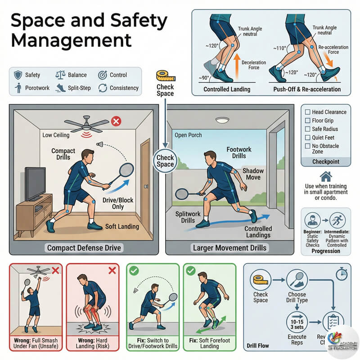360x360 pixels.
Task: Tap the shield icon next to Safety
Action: (x=18, y=75)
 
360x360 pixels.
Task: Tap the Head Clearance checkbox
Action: (x=308, y=112)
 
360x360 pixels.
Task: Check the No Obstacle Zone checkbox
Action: (x=308, y=146)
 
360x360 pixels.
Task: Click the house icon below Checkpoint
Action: (x=325, y=176)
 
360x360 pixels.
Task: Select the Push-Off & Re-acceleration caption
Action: (x=307, y=89)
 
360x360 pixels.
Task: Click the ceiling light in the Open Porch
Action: (x=222, y=120)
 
